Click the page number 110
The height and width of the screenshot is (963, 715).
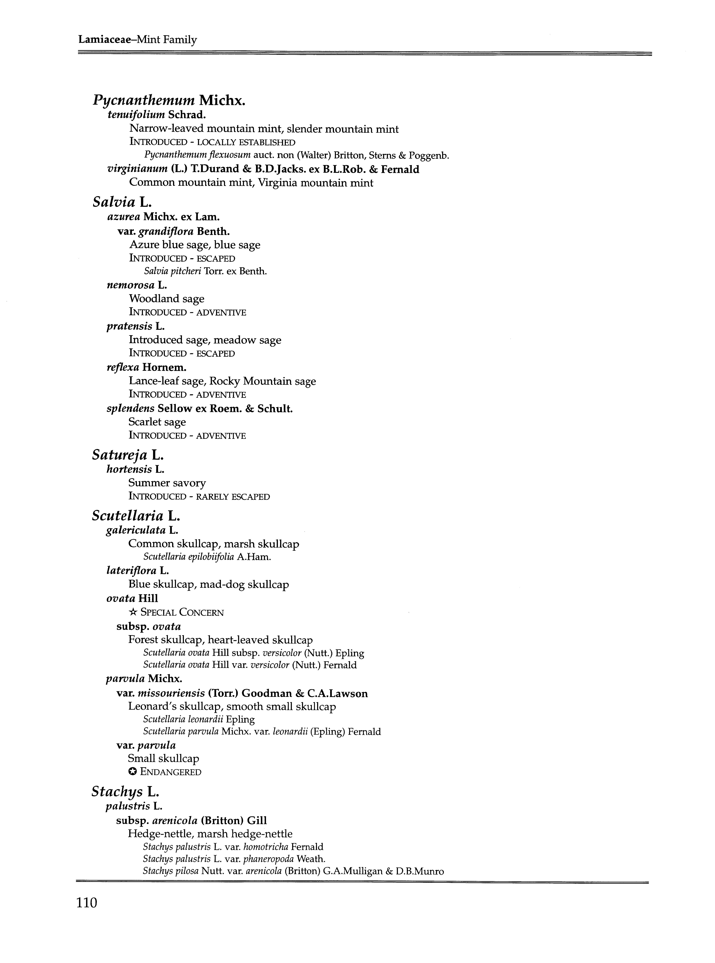(x=87, y=903)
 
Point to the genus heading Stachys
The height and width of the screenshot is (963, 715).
(x=117, y=792)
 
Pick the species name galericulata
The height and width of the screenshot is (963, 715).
(x=135, y=530)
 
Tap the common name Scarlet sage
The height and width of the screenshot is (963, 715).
(x=157, y=422)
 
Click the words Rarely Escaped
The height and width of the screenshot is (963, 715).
(x=233, y=497)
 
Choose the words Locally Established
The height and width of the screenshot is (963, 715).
(x=246, y=142)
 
